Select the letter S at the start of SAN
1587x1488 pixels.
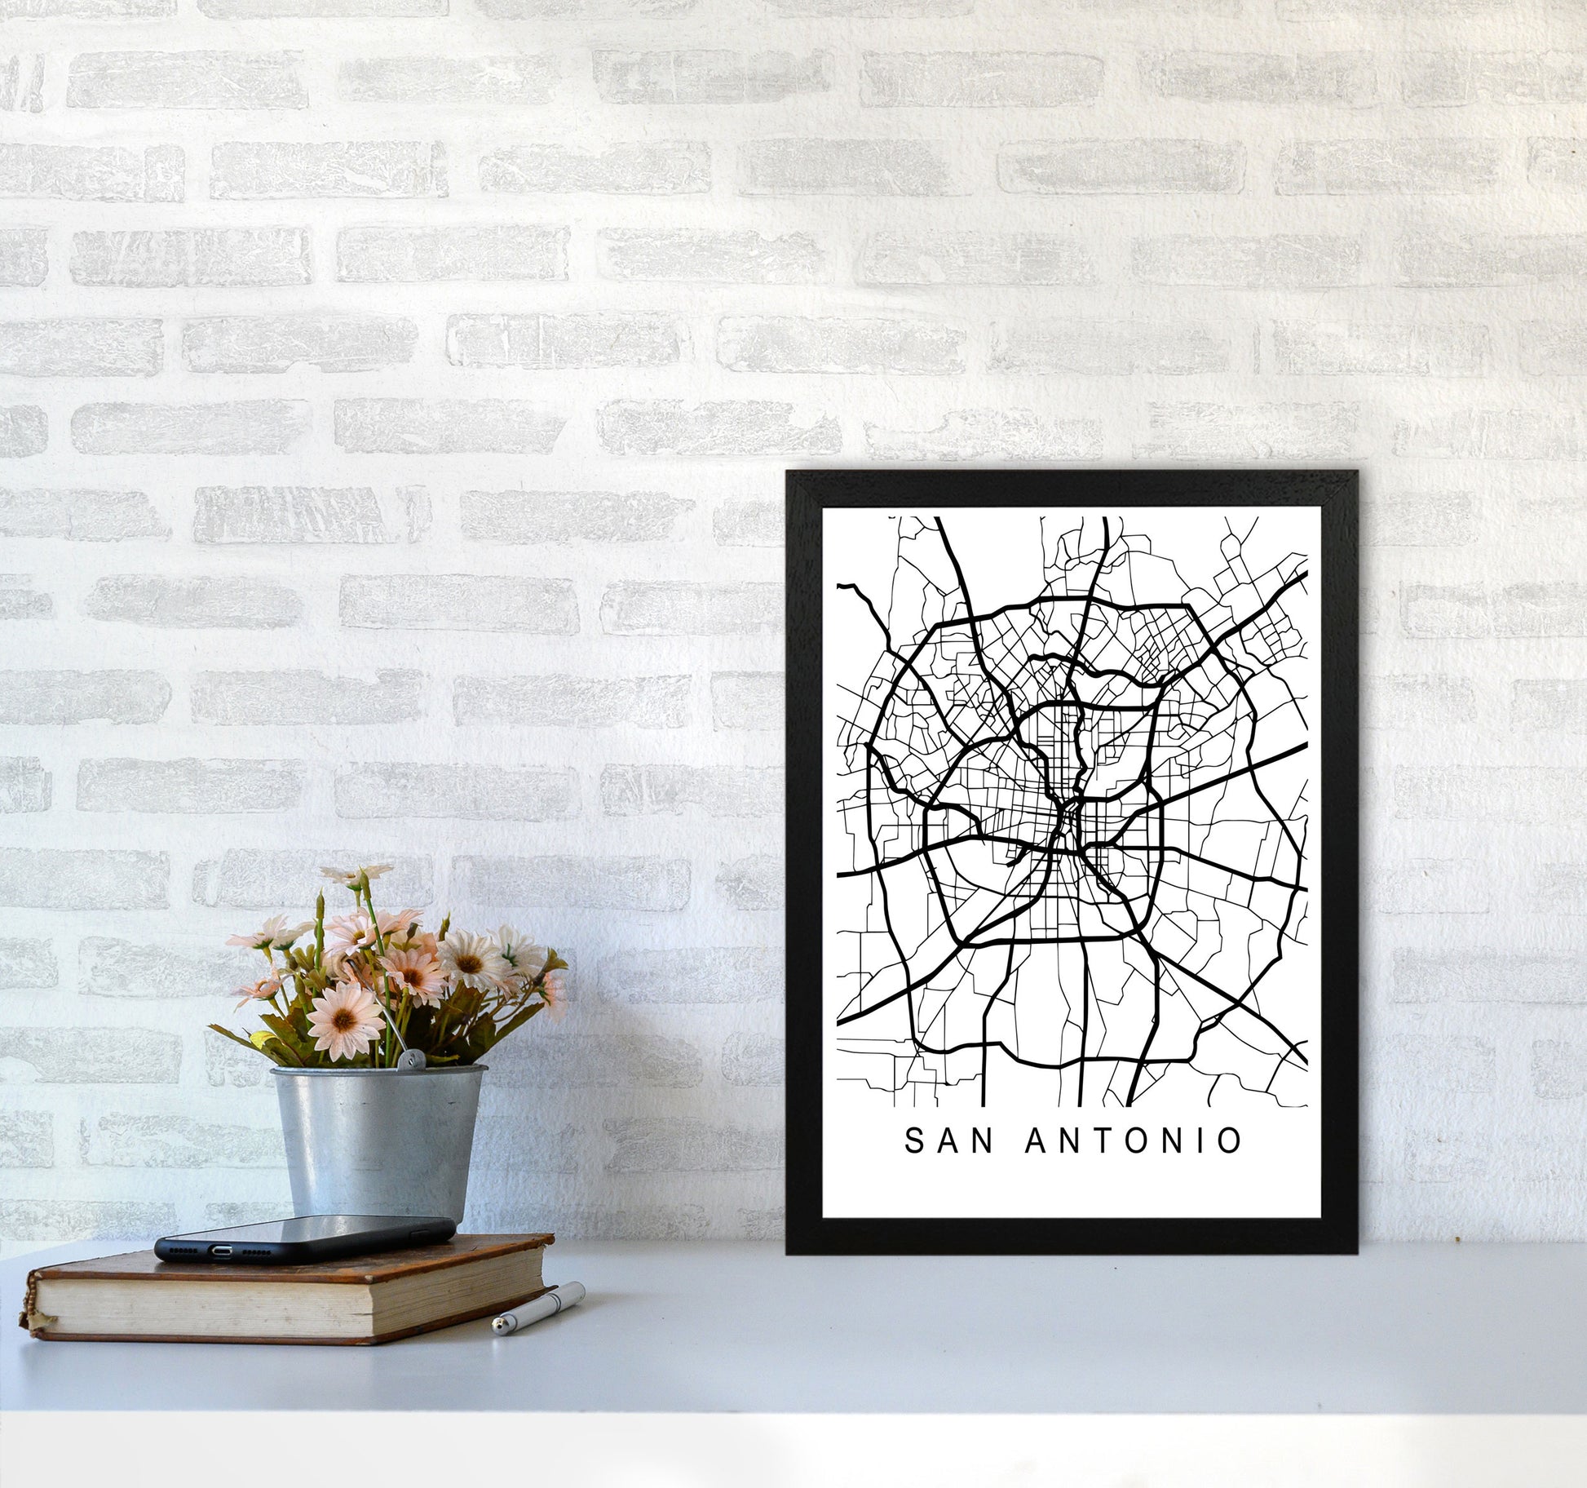point(913,1141)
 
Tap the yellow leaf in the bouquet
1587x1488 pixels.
point(263,1040)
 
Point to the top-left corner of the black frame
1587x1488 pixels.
point(788,472)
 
